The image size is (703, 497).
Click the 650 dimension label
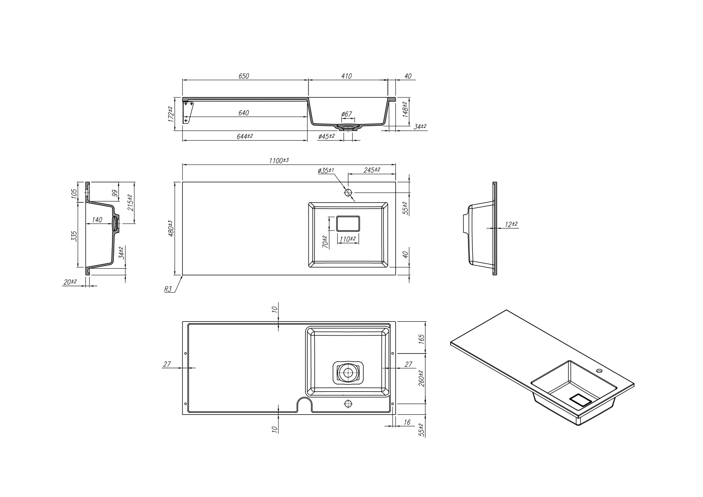(244, 76)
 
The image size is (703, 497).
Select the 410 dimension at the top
(347, 76)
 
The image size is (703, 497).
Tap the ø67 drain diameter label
(347, 114)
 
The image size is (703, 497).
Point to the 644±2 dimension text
(244, 136)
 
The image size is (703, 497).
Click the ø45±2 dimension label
(326, 136)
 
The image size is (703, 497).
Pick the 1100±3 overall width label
(279, 161)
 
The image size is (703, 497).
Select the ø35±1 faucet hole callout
(326, 170)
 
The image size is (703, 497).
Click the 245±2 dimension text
(371, 170)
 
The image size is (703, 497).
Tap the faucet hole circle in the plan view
(348, 193)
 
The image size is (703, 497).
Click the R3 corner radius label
(168, 289)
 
